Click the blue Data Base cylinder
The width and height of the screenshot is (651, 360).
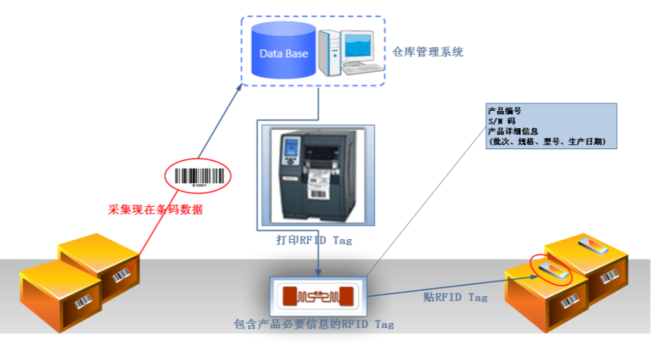(x=283, y=51)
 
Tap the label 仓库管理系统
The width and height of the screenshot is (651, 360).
(x=428, y=52)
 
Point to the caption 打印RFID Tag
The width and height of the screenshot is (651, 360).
(x=314, y=240)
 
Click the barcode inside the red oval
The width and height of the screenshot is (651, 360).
(x=199, y=176)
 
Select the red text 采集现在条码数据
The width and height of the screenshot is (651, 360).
(x=156, y=210)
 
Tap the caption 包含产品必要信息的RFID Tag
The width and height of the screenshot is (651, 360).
(x=313, y=324)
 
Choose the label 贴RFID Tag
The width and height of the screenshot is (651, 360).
(x=455, y=297)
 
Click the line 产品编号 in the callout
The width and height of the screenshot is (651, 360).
(x=505, y=111)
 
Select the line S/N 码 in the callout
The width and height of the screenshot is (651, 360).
(x=502, y=121)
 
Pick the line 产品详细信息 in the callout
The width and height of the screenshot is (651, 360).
(x=513, y=131)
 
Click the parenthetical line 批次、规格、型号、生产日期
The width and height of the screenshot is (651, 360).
(x=548, y=142)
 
